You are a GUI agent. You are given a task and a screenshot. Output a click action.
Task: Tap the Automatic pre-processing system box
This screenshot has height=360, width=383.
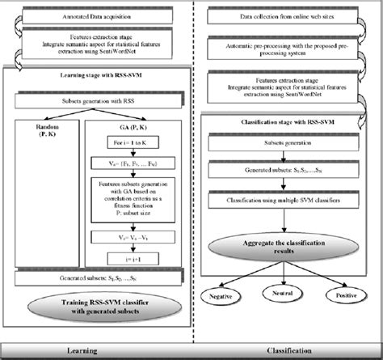click(286, 50)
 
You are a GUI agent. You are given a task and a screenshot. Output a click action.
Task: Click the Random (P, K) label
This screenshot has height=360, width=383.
click(50, 131)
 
